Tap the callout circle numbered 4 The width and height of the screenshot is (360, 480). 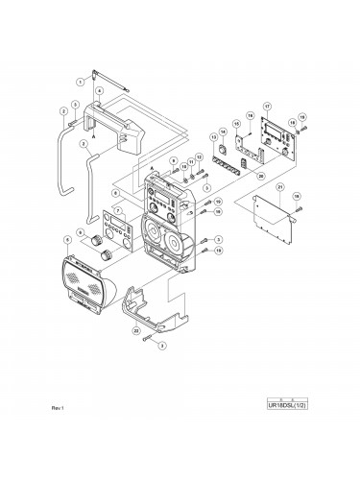click(x=100, y=90)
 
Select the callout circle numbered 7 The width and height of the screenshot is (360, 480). click(x=118, y=210)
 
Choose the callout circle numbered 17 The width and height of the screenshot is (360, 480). click(x=267, y=107)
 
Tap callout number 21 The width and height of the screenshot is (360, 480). click(x=279, y=185)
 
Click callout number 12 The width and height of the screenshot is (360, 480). click(x=198, y=156)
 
